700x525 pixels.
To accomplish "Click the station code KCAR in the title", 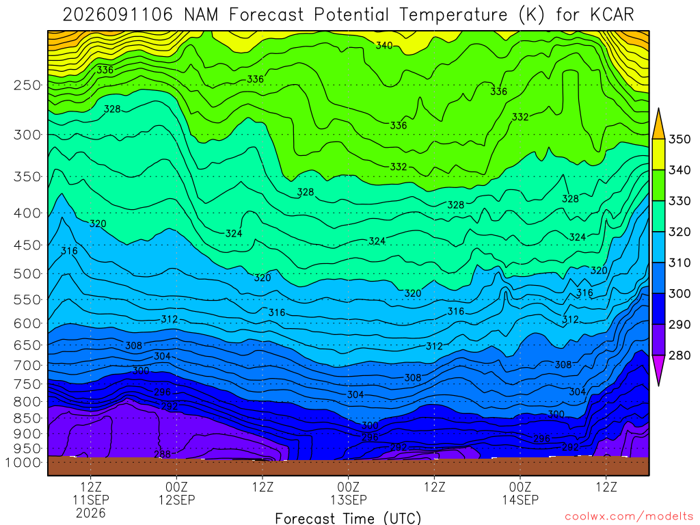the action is [x=612, y=15].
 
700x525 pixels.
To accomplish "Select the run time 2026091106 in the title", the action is [x=118, y=15].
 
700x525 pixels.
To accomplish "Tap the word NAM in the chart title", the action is [x=201, y=15].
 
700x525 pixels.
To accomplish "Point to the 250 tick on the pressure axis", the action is [x=27, y=85].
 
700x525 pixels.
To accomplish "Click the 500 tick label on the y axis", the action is [x=27, y=273].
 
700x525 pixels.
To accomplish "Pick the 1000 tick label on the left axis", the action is [x=23, y=462].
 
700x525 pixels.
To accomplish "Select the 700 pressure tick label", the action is [x=27, y=365].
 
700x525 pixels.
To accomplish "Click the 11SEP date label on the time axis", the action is [x=91, y=500].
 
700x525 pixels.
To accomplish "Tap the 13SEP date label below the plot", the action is [x=348, y=500].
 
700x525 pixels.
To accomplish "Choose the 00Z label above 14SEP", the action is [x=520, y=487].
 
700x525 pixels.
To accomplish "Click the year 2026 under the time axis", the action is [x=91, y=513].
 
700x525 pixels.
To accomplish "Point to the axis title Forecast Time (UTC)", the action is [x=348, y=518].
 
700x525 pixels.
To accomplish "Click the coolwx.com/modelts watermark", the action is [x=629, y=517].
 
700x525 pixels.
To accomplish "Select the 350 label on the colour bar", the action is [x=679, y=139].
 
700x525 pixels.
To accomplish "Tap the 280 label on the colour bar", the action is [x=679, y=355].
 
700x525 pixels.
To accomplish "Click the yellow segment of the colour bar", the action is [x=658, y=154].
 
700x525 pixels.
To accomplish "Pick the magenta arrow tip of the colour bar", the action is [x=658, y=385].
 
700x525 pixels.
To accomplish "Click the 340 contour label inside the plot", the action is [x=384, y=46].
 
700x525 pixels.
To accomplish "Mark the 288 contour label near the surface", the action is [x=162, y=454].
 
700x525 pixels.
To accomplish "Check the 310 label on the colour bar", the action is [x=679, y=263].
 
